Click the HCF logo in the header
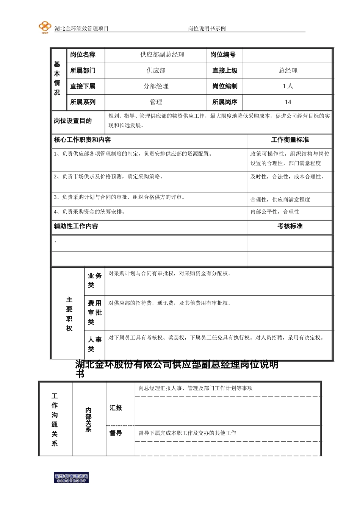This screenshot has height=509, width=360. (x=45, y=27)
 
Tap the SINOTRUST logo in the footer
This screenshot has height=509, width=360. (x=71, y=478)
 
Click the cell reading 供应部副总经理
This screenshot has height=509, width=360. (x=162, y=55)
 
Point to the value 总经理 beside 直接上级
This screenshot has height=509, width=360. (x=288, y=71)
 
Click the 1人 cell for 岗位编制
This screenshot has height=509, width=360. (x=288, y=86)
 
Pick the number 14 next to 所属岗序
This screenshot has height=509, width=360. (x=288, y=102)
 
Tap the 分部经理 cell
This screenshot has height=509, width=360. (x=156, y=86)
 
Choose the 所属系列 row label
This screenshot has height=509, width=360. (x=83, y=102)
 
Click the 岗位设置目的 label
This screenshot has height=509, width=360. (x=73, y=121)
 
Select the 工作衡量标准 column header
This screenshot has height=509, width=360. (x=290, y=140)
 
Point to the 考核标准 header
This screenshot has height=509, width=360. (x=290, y=226)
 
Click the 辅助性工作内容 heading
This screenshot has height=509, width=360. (x=76, y=226)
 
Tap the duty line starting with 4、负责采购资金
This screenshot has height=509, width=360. (x=89, y=212)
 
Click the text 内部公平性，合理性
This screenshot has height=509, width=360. (x=275, y=212)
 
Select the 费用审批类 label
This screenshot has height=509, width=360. (x=94, y=312)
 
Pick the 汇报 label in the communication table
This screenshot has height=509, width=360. (x=116, y=408)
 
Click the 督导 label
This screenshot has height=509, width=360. (x=116, y=433)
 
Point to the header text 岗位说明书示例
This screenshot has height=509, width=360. (x=207, y=29)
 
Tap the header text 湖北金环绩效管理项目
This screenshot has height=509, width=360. (x=81, y=29)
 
